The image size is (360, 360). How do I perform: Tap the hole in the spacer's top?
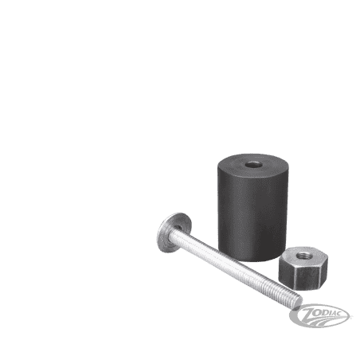(x=253, y=165)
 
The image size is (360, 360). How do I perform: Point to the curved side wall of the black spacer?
(x=252, y=217)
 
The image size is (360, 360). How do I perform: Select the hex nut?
(x=303, y=268)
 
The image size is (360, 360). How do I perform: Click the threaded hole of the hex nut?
(x=303, y=256)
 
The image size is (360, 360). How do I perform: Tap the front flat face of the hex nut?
(x=308, y=278)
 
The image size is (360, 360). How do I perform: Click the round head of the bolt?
(x=174, y=233)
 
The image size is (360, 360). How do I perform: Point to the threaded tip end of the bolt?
(x=297, y=302)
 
